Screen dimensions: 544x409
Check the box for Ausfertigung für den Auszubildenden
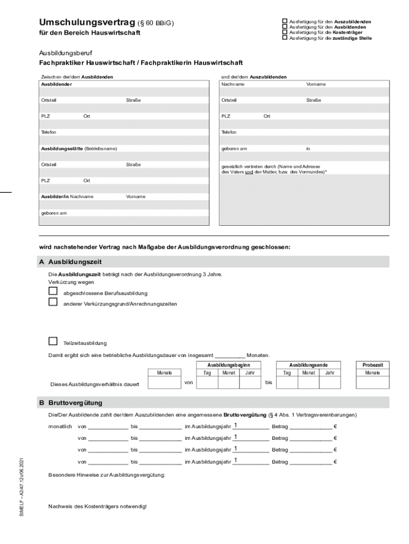click(x=285, y=21)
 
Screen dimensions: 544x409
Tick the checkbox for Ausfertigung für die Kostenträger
click(x=285, y=32)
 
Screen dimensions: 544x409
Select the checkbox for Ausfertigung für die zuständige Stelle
click(x=285, y=38)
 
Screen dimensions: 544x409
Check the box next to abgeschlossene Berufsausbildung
click(x=53, y=291)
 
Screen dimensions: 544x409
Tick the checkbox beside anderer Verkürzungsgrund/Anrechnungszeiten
click(x=53, y=302)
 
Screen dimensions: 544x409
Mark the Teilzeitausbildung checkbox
click(x=53, y=341)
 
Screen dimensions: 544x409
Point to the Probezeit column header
click(x=372, y=365)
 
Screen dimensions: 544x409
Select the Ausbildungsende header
click(x=308, y=365)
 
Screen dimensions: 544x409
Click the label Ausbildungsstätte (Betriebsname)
click(x=79, y=148)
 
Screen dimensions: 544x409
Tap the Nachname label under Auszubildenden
click(x=233, y=84)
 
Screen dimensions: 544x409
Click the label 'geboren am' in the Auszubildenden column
click(x=234, y=148)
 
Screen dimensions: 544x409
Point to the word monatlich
click(x=59, y=427)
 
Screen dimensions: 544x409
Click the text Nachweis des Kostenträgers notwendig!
click(x=97, y=506)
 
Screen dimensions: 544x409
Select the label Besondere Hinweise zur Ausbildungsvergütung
click(x=106, y=474)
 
